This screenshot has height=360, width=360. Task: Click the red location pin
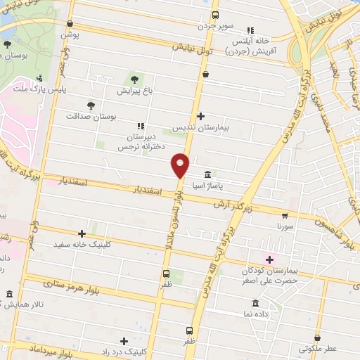(x=180, y=165)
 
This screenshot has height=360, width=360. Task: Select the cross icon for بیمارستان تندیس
(x=201, y=116)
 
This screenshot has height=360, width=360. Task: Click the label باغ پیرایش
(x=134, y=91)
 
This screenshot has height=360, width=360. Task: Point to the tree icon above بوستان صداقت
(x=91, y=104)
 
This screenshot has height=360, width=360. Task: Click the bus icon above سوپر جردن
(x=215, y=14)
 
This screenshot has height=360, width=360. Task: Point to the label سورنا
(x=284, y=227)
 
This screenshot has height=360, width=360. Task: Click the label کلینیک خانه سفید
(x=82, y=244)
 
